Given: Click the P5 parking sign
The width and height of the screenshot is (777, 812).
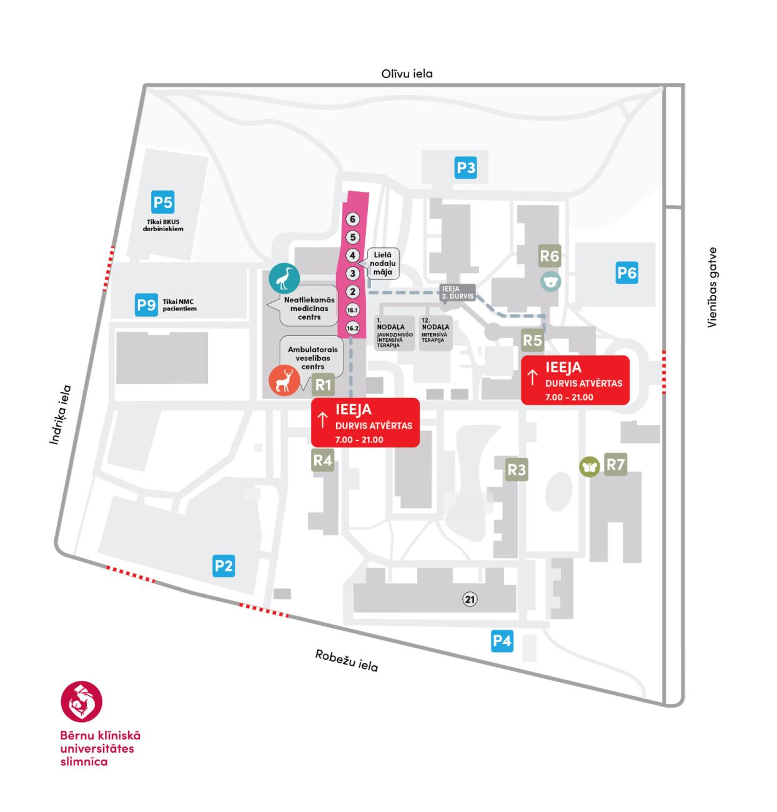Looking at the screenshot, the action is pyautogui.click(x=162, y=202).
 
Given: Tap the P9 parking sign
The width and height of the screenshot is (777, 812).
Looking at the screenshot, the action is pyautogui.click(x=146, y=305).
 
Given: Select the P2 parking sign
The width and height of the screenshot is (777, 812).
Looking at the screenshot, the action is pyautogui.click(x=223, y=566).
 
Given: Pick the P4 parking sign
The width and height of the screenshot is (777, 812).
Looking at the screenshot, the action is pyautogui.click(x=502, y=640).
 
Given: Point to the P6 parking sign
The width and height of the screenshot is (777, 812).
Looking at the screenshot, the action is pyautogui.click(x=626, y=272).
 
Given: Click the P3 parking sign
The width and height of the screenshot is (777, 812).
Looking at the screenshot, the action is pyautogui.click(x=466, y=167).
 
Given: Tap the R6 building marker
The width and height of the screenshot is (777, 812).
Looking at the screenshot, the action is pyautogui.click(x=549, y=256).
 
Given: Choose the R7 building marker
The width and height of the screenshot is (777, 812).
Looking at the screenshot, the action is pyautogui.click(x=615, y=464).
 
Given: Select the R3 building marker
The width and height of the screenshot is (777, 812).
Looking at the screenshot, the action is pyautogui.click(x=517, y=470).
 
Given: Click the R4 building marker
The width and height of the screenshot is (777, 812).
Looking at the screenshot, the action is pyautogui.click(x=322, y=460).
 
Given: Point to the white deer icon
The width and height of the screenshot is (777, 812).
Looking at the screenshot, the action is pyautogui.click(x=284, y=380).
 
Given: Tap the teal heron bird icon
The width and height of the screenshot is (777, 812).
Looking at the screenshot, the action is pyautogui.click(x=284, y=278).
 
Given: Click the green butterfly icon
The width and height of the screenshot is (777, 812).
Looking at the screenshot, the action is pyautogui.click(x=589, y=467).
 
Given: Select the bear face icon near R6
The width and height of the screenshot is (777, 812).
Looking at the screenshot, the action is pyautogui.click(x=551, y=281).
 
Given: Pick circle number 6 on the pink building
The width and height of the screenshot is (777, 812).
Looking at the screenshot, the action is pyautogui.click(x=353, y=219).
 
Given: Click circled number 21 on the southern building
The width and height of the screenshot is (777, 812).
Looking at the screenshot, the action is pyautogui.click(x=470, y=599).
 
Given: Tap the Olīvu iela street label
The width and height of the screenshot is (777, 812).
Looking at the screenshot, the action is pyautogui.click(x=407, y=74).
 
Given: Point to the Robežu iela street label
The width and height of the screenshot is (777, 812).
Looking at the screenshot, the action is pyautogui.click(x=346, y=661).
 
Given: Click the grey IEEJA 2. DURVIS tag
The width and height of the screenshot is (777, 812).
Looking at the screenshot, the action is pyautogui.click(x=458, y=292).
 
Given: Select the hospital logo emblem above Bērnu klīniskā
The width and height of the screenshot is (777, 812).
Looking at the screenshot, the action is pyautogui.click(x=81, y=701).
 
